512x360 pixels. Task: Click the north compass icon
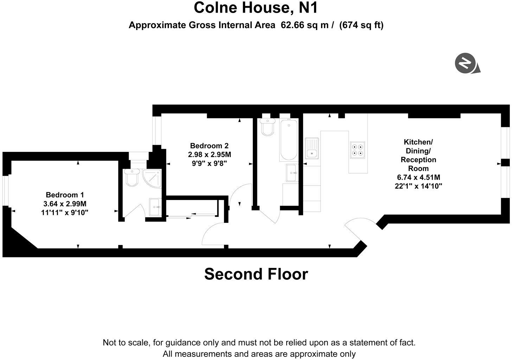coord(465,64)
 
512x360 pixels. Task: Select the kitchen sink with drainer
coord(312,148)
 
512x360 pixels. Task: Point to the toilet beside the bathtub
coord(268,127)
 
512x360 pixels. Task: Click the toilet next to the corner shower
coord(132,178)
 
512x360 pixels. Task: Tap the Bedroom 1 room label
coord(65,195)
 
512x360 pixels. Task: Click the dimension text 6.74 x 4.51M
coord(418,177)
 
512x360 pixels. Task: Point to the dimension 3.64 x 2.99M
coord(65,204)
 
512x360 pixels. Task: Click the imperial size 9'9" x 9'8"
coord(209,163)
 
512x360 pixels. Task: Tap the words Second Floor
coord(256,274)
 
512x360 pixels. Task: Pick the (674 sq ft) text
coord(361,25)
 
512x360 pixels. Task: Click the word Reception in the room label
coord(418,160)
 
